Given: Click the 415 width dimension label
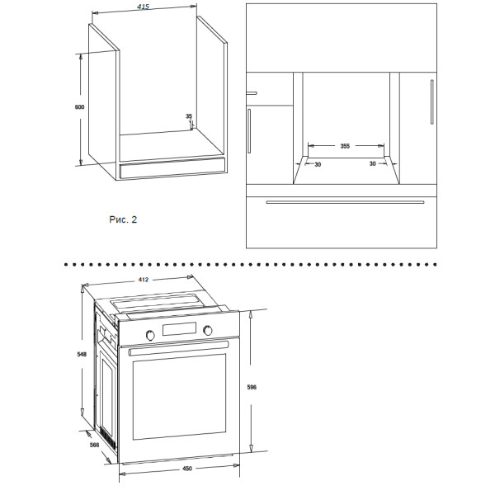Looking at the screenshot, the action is (x=143, y=7).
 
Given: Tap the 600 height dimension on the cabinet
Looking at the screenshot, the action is (x=79, y=107).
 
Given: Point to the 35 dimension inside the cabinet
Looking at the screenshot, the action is (x=189, y=116).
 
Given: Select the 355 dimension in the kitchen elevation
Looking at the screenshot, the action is (x=345, y=146).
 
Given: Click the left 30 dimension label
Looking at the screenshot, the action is (x=318, y=164).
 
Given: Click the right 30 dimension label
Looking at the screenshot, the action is (x=373, y=164).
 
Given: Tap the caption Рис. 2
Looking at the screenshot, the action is (x=123, y=219).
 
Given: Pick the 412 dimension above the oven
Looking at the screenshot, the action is (x=144, y=280).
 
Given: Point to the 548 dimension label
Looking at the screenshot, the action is (x=82, y=354).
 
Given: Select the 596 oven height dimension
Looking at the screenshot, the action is (x=252, y=387).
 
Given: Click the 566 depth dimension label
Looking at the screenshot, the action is (x=94, y=445).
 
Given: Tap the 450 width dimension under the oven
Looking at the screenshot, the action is (x=187, y=469).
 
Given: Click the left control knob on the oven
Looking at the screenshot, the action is (x=150, y=335).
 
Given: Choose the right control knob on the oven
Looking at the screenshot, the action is (x=208, y=330).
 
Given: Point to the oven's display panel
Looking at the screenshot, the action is (x=179, y=329).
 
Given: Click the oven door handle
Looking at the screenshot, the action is (x=178, y=348).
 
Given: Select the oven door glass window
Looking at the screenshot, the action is (x=179, y=397).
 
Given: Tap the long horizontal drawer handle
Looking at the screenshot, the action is (x=345, y=202).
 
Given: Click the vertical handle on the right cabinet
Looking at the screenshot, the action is (x=431, y=101).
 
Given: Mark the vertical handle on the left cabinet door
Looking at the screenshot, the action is (x=249, y=131).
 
